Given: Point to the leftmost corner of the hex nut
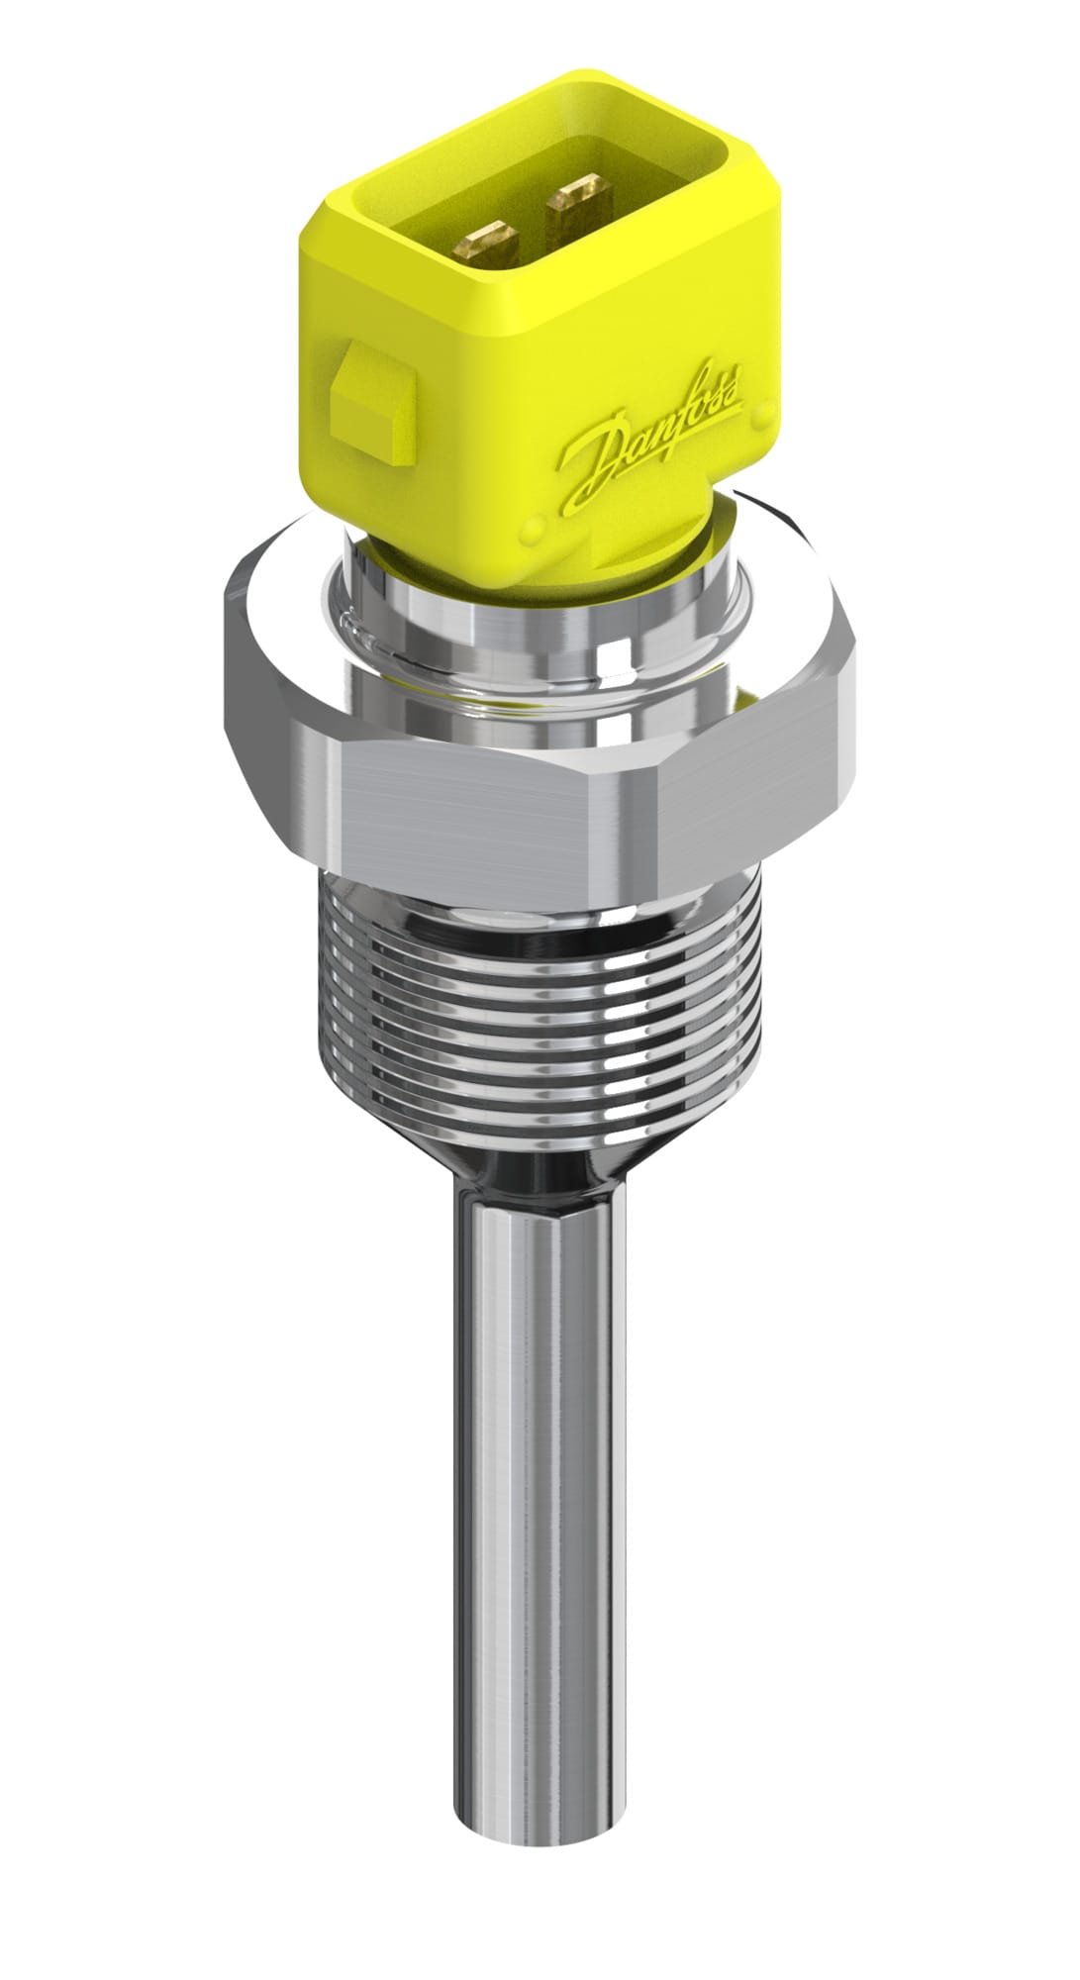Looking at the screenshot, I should [x=228, y=634].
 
